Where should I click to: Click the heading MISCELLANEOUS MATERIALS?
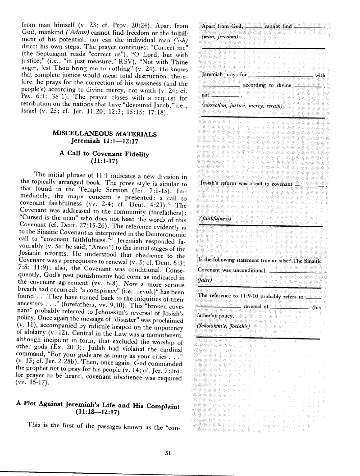[x=105, y=134]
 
